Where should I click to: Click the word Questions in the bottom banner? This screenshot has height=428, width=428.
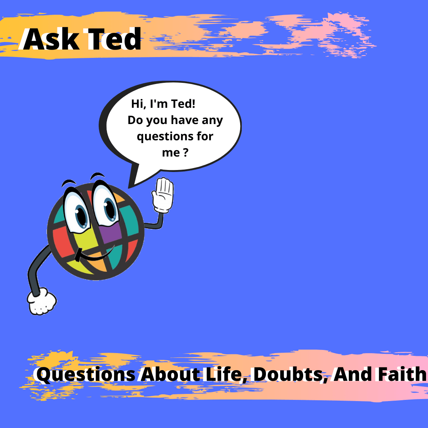coord(86,375)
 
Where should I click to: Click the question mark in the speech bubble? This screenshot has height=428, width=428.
coord(185,152)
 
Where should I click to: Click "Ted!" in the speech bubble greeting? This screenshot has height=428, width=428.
coord(183,104)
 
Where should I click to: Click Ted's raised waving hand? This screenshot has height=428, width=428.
coord(163,195)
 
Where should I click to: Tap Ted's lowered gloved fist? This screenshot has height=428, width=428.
coord(42,301)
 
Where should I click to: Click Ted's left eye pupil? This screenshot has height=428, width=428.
coord(81,215)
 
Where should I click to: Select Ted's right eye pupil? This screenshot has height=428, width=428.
coord(110,209)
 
